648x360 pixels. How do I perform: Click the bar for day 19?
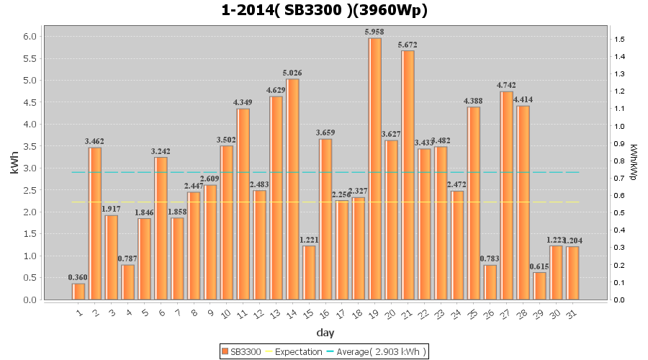(374, 168)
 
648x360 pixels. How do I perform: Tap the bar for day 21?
(408, 175)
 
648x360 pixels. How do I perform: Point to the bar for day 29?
(539, 286)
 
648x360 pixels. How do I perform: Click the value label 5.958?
(374, 32)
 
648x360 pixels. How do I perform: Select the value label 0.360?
(78, 277)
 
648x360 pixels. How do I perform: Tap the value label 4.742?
(506, 85)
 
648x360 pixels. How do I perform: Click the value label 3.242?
(161, 151)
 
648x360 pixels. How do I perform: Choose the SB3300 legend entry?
(241, 351)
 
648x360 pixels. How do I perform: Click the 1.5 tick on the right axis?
(619, 39)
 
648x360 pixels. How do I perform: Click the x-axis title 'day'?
(325, 333)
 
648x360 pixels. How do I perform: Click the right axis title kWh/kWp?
(634, 163)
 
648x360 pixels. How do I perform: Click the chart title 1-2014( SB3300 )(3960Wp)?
(324, 11)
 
